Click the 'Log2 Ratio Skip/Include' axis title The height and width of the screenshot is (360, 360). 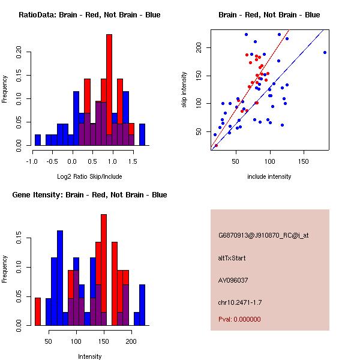pos(89,176)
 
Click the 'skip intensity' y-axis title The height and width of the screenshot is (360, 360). pos(185,90)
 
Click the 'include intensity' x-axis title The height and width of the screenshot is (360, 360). pos(269,176)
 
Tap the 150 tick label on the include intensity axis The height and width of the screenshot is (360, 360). pos(304,161)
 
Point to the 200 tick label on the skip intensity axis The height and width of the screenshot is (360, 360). pos(198,47)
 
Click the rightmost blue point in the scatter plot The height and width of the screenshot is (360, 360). pos(325,52)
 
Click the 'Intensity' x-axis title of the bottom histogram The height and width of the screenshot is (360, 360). pos(89,356)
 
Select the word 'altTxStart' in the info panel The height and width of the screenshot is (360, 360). pos(232,258)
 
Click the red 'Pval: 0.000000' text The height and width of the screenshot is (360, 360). pos(239,319)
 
